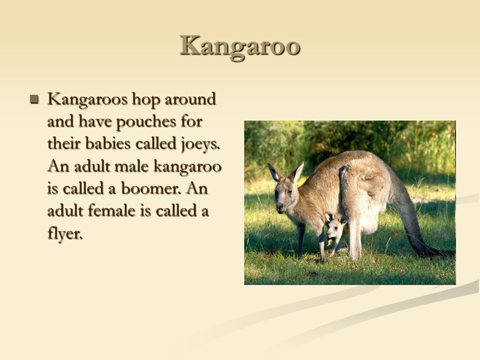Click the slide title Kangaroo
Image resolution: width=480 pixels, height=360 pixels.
[239, 46]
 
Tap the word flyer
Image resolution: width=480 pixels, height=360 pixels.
[64, 234]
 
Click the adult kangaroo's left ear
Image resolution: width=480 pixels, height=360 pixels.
[274, 172]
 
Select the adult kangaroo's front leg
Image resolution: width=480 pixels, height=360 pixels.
[301, 237]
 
